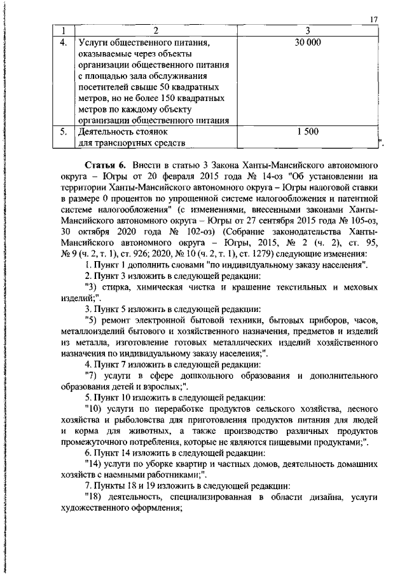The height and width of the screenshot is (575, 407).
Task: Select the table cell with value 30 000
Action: click(308, 43)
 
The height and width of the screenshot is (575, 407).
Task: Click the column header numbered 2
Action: click(155, 30)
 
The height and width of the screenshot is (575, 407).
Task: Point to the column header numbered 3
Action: click(308, 30)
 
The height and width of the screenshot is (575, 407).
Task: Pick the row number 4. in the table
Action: click(63, 43)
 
